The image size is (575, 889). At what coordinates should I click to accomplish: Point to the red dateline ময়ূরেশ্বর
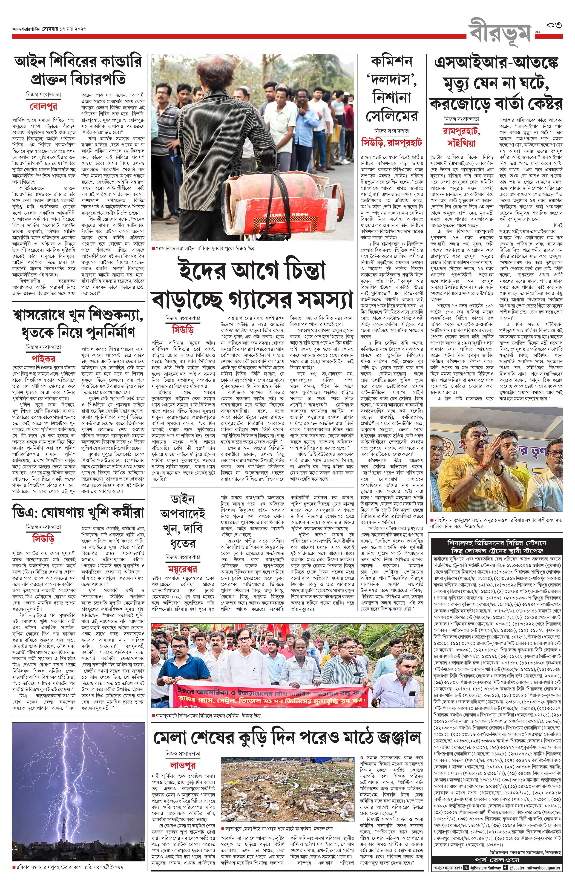click(x=183, y=569)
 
